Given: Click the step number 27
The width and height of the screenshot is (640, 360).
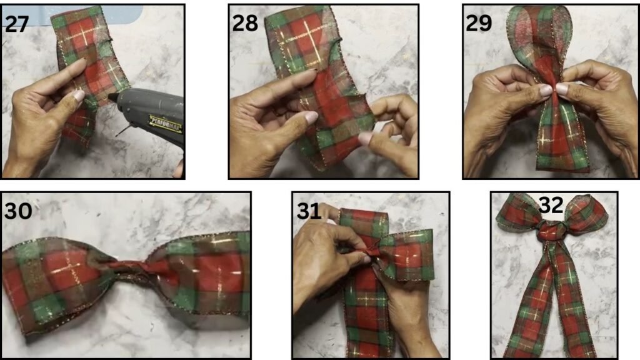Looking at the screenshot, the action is point(17,24).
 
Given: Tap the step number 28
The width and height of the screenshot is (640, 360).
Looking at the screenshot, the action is point(245,23).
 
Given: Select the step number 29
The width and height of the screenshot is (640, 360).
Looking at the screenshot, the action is point(478,23).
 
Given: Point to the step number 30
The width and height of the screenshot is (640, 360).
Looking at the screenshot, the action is point(18,211).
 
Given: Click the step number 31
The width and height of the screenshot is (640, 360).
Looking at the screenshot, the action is point(309,211).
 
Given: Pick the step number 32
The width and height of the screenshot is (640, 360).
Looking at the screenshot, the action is point(551,205).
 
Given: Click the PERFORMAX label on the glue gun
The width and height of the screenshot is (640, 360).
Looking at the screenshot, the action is point(165,124).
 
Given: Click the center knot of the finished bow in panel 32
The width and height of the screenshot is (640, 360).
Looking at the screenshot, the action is point(551,231).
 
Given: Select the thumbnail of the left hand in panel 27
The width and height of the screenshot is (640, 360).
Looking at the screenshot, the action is point(78,96).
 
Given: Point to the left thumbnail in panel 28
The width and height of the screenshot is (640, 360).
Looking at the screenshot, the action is point(311,117).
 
